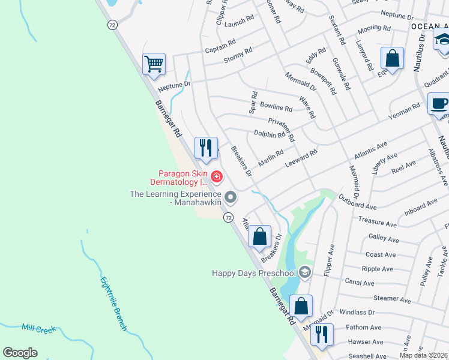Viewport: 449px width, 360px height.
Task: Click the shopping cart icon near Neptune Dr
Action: coord(154,63)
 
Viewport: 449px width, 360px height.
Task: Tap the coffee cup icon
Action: coord(439,103)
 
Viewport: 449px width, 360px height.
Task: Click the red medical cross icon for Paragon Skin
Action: coord(216,177)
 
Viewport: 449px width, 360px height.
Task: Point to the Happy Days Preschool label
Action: coord(254,274)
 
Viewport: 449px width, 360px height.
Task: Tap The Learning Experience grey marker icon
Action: coord(231,197)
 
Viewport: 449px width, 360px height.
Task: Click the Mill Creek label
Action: coord(38,329)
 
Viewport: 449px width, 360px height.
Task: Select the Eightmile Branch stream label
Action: coord(113,303)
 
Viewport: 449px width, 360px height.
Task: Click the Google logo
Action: coord(20,353)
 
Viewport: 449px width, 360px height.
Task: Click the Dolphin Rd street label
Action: coord(269,134)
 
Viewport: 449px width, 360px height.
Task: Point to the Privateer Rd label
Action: coord(282,129)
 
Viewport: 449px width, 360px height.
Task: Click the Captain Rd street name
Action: coord(220,46)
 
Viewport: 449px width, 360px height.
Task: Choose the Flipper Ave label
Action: coord(328,260)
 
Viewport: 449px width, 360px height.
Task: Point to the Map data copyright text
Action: coord(423,355)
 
